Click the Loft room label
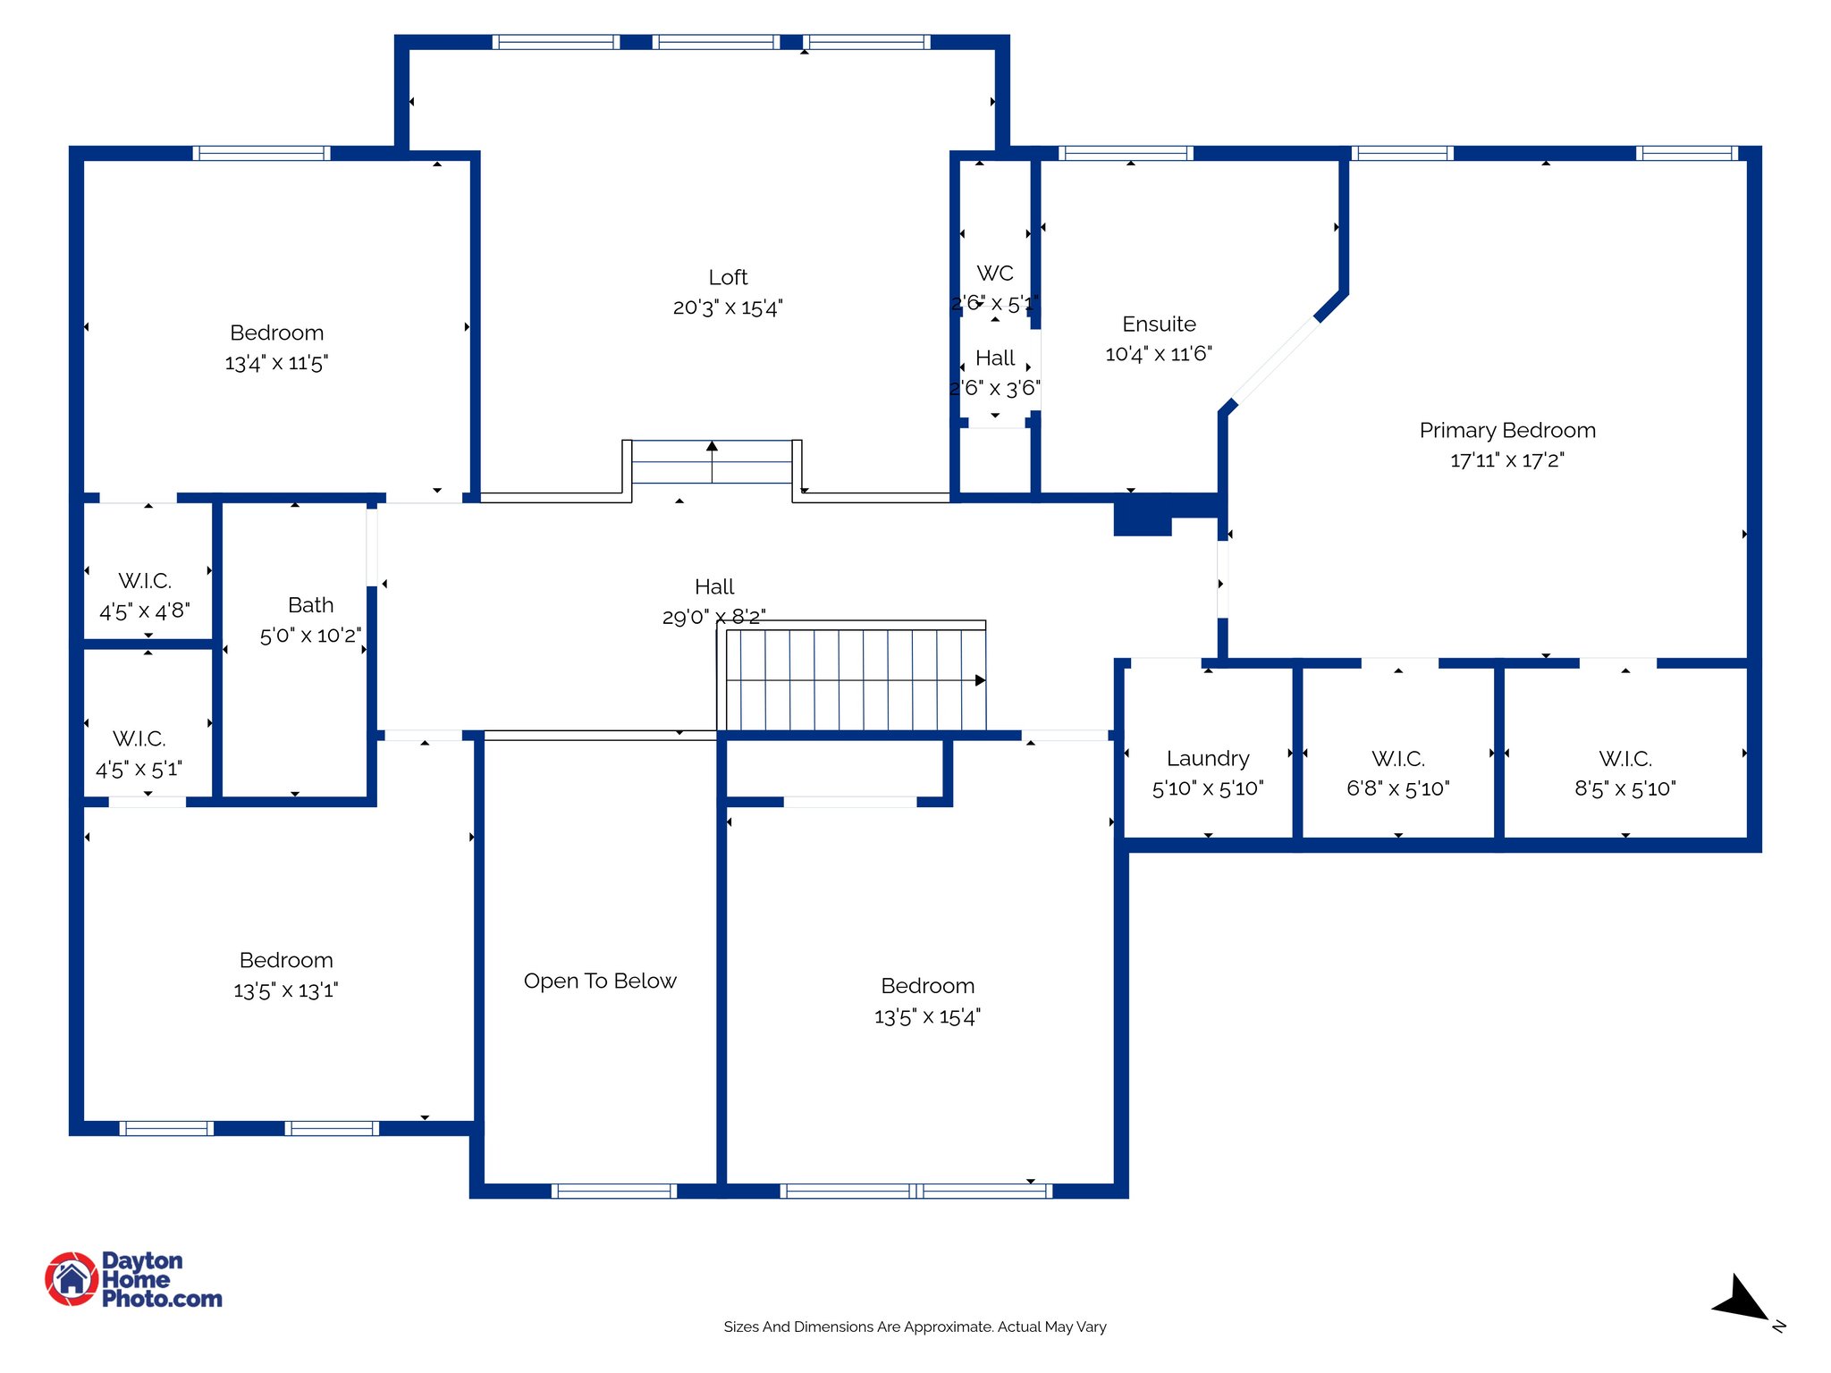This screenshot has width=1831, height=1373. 728,278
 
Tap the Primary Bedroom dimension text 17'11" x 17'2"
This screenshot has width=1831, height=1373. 1506,460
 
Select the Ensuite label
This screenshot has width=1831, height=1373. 1159,324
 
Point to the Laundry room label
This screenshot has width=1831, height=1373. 1207,759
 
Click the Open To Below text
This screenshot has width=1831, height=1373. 600,981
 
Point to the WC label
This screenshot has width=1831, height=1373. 994,274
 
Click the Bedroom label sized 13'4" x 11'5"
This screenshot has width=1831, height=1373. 276,333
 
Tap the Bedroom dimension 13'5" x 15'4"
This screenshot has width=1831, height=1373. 927,1017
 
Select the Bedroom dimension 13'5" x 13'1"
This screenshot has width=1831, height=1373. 285,991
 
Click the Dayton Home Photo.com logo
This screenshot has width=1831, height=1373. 133,1279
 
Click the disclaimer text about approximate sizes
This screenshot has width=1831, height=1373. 915,1327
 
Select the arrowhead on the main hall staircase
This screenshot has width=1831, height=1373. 980,681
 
